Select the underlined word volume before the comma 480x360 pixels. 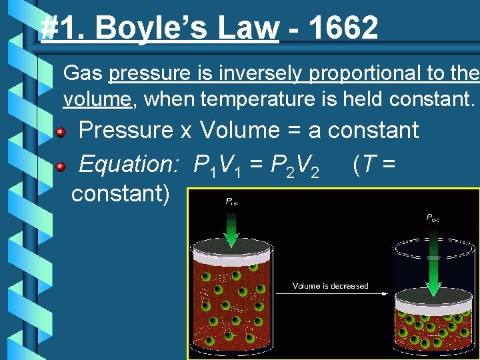(x=97, y=100)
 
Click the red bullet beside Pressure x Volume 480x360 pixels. (x=61, y=132)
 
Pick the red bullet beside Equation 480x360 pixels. (x=61, y=165)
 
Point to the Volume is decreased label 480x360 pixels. (x=330, y=286)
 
